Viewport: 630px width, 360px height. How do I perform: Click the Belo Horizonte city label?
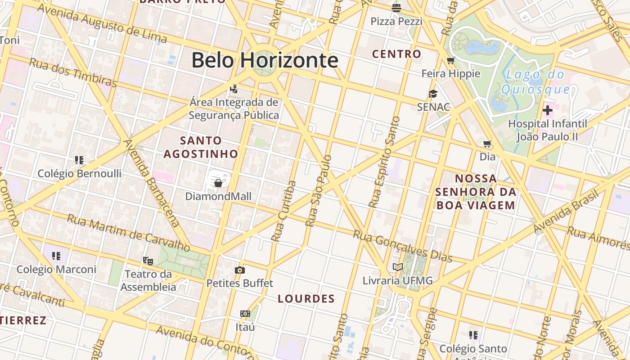coord(265,60)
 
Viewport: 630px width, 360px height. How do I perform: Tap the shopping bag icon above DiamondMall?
coord(218,183)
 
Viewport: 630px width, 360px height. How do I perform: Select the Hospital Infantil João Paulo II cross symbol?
coord(548,110)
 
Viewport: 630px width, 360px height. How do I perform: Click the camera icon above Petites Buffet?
coord(240,270)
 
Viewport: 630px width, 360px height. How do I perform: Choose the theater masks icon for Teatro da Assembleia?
coord(148,260)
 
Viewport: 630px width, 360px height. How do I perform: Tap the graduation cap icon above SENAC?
coord(433,94)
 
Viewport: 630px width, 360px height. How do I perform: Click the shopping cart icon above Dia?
coord(487,144)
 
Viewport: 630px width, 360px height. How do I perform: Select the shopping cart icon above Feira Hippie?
coord(451,60)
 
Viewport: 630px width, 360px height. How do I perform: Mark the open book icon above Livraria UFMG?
coord(397,267)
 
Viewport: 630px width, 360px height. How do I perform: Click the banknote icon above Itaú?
coord(245,313)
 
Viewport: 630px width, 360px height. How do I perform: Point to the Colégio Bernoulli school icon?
coord(79,160)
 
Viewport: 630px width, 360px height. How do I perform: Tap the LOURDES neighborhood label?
coord(306,299)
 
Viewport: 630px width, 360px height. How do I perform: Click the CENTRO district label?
coord(396,54)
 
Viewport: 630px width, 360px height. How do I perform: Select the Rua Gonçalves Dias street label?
coord(402,246)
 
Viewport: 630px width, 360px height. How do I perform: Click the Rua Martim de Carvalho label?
coord(129,232)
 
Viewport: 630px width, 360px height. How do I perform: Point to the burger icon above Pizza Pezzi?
coord(396,7)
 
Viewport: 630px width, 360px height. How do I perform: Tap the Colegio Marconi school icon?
coord(56,256)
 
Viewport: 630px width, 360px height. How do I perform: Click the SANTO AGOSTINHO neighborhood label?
coord(201,147)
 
